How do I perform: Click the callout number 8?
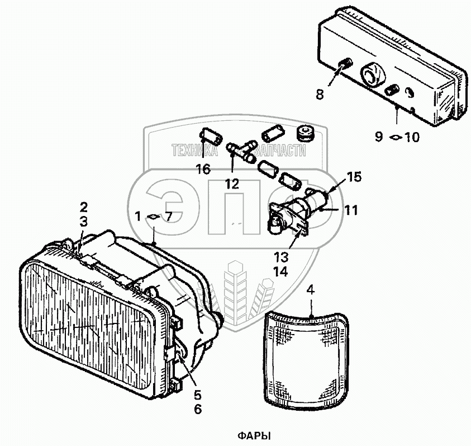point(320,95)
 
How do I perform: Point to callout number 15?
point(353,178)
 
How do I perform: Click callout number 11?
point(350,210)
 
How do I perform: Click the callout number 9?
point(379,136)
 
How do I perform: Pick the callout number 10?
point(411,137)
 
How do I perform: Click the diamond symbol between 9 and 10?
point(394,137)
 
